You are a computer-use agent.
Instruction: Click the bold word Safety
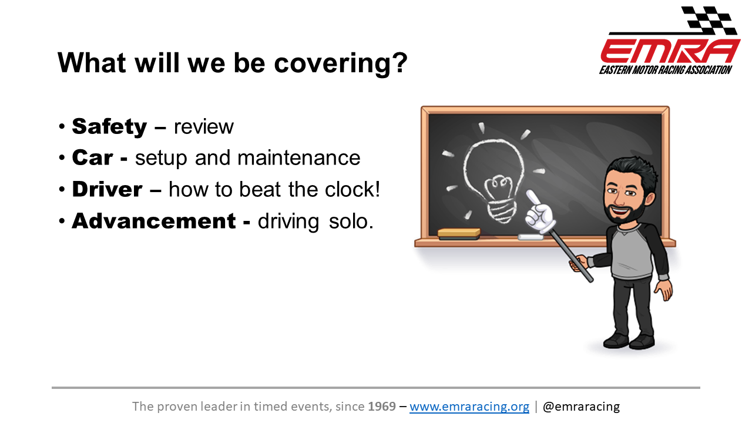click(109, 127)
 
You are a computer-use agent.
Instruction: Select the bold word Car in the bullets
click(92, 157)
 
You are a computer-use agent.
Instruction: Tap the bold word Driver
click(107, 189)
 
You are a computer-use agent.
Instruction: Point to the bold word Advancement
click(154, 221)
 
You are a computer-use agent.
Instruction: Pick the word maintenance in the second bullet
click(299, 157)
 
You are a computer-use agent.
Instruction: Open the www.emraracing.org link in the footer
click(469, 407)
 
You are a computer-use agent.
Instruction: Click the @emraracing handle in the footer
click(581, 407)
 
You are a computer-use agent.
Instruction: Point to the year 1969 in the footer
click(382, 406)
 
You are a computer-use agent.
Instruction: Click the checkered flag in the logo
click(709, 19)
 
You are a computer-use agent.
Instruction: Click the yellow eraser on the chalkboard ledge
click(459, 234)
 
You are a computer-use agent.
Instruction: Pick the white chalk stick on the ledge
click(531, 237)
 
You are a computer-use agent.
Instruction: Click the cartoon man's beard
click(625, 211)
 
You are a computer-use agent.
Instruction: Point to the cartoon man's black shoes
click(629, 341)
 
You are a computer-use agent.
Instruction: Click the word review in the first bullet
click(203, 127)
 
